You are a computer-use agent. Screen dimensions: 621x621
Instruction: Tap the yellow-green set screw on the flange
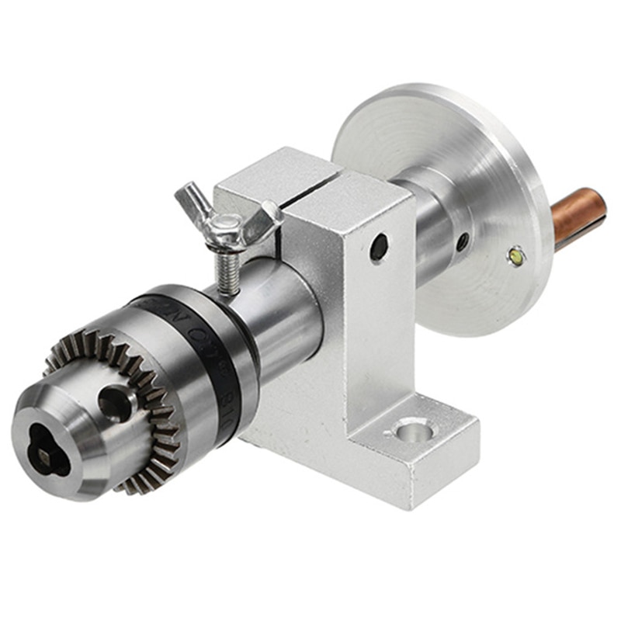tap(515, 253)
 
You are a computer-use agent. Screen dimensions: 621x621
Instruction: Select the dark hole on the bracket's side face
tap(379, 247)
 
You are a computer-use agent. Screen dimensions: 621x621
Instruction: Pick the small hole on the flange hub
tap(463, 241)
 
